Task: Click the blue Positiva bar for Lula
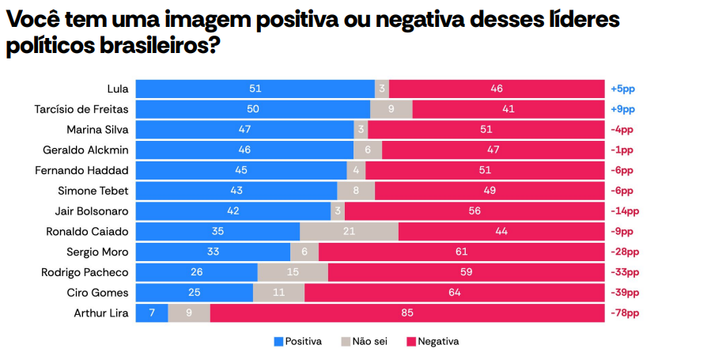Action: coord(255,89)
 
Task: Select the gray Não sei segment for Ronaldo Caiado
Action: coord(349,231)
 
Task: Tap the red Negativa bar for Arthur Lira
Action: coord(406,313)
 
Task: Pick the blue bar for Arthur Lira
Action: coord(152,313)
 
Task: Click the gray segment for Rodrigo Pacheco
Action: coord(293,272)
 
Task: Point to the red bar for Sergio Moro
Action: coord(461,252)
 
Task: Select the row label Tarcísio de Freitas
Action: coord(81,109)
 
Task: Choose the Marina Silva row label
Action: coord(97,129)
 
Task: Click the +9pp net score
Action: coord(622,109)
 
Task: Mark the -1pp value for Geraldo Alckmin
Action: coord(622,150)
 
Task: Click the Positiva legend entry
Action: coord(297,342)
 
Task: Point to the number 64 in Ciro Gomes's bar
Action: coord(454,292)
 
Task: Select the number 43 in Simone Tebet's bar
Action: coord(236,191)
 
